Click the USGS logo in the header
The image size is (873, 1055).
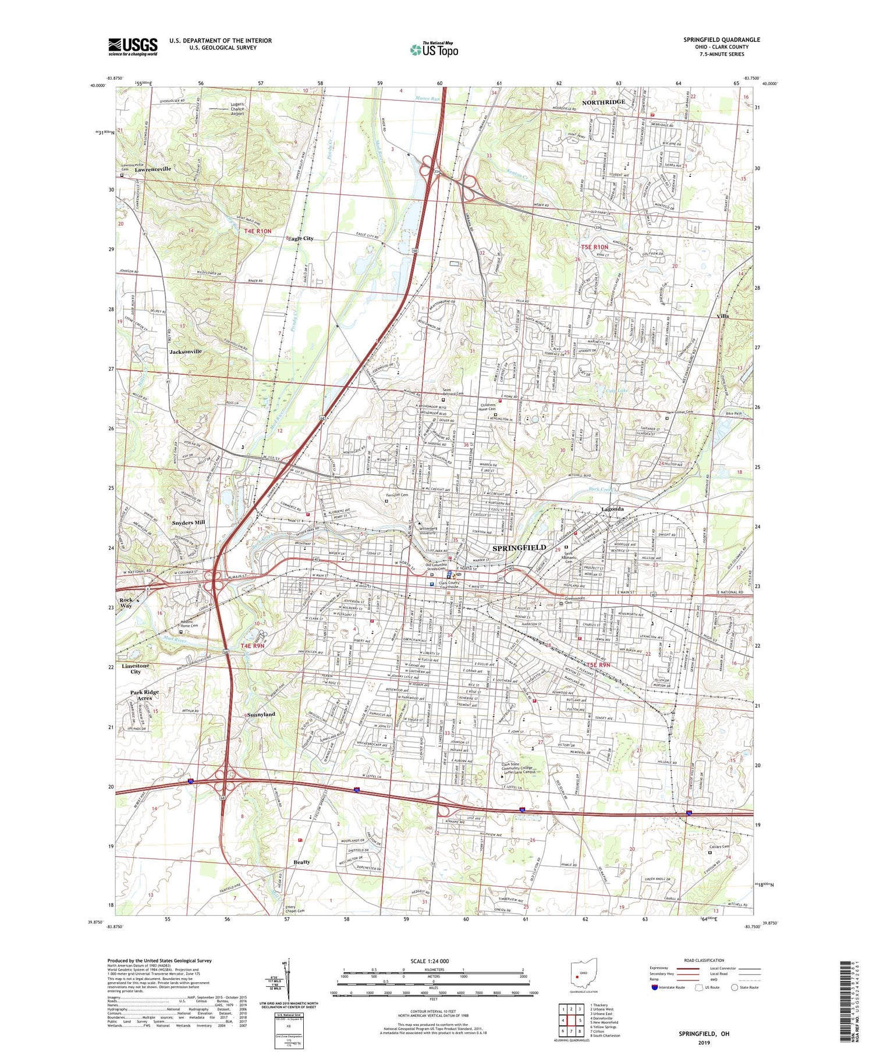coord(133,47)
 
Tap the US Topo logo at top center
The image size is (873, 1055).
coord(434,49)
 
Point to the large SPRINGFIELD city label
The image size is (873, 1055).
coord(519,548)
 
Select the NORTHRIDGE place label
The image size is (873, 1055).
coord(604,102)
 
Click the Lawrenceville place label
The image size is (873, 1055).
coord(153,169)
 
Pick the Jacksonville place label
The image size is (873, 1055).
coord(185,351)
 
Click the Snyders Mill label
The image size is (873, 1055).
coord(189,523)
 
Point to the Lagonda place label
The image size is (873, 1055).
coord(612,509)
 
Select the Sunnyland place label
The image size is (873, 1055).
coord(261,714)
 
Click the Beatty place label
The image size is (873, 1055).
coord(301,862)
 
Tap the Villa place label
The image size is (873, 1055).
coord(722,317)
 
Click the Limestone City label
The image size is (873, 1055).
coord(135,668)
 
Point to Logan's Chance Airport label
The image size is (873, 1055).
coord(237,109)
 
